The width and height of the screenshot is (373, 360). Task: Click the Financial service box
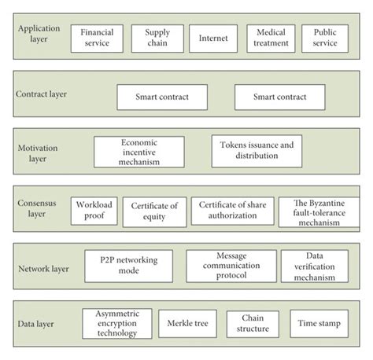[98, 39]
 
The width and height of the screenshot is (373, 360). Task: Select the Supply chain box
[157, 39]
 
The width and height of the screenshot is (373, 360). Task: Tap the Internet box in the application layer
[212, 39]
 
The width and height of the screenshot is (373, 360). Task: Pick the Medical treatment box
[271, 39]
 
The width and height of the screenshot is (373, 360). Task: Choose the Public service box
[324, 39]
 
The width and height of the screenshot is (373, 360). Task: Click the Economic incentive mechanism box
[138, 152]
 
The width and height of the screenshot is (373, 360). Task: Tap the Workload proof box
[94, 210]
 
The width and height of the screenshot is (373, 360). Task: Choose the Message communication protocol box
[231, 266]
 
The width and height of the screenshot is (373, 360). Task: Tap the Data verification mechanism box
[315, 266]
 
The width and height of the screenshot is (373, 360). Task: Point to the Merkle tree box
[186, 323]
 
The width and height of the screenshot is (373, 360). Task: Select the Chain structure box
[253, 323]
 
